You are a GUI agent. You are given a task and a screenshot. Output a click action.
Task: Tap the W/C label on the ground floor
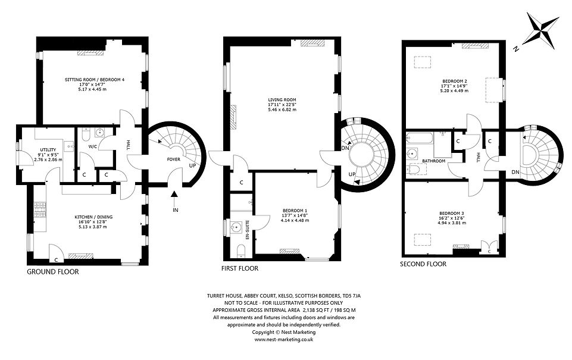coord(93,146)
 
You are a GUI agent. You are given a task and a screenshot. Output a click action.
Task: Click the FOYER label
coord(173,159)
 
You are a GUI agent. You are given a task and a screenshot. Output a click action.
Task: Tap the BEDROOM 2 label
coord(454,80)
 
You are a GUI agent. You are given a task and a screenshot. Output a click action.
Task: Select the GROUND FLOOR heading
coord(52,271)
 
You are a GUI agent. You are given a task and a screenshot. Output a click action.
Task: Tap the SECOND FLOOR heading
coord(423,264)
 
